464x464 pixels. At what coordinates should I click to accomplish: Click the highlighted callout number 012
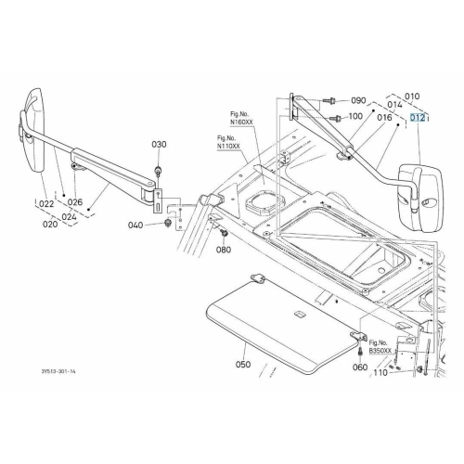point(418,118)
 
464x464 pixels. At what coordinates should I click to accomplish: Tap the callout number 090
point(358,100)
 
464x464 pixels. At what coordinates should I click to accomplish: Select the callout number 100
point(355,116)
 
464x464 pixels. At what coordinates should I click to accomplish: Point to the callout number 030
point(159,144)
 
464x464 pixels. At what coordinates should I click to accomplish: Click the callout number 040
point(135,225)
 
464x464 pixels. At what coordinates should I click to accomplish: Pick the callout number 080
point(224,250)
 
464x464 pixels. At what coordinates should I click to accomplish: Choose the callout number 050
point(243,365)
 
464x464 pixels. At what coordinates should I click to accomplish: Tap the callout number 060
point(360,367)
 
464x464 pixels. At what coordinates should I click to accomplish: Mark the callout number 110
point(380,373)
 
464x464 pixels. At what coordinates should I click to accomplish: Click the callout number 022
point(46,204)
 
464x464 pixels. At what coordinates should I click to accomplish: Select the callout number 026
point(75,202)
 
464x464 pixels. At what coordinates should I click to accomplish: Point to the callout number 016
point(384,117)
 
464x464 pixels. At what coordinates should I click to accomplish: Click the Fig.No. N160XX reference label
point(241,118)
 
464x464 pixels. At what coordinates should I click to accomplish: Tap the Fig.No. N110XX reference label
point(228,142)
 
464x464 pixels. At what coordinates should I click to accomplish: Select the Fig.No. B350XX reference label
point(380,347)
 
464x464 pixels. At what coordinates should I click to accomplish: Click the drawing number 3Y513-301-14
point(58,371)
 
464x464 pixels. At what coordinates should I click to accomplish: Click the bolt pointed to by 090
point(329,100)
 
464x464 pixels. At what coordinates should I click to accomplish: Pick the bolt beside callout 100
point(335,118)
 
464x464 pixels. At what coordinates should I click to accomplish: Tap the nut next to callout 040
point(168,223)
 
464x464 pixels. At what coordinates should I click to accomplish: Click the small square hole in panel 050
point(300,315)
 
